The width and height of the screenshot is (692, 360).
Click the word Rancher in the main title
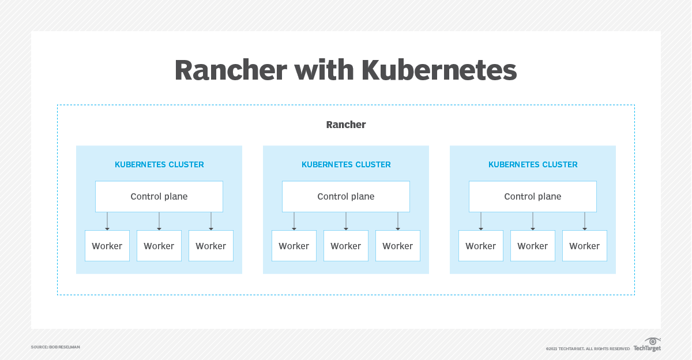pyautogui.click(x=231, y=70)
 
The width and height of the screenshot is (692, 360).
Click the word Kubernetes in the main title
pyautogui.click(x=439, y=70)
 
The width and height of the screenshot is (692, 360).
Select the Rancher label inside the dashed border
pyautogui.click(x=346, y=125)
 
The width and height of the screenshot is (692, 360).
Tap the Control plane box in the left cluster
pyautogui.click(x=159, y=197)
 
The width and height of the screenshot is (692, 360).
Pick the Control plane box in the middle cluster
pyautogui.click(x=346, y=197)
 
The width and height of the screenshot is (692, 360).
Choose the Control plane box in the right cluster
pyautogui.click(x=533, y=197)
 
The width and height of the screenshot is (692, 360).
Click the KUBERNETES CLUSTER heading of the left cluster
pyautogui.click(x=159, y=164)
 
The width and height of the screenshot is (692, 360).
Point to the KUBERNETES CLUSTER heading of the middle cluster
pyautogui.click(x=346, y=164)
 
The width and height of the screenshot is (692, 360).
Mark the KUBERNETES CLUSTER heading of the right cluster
pyautogui.click(x=533, y=164)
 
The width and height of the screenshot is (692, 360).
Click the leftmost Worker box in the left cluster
pyautogui.click(x=107, y=246)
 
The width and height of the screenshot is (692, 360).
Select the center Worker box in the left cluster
pyautogui.click(x=159, y=246)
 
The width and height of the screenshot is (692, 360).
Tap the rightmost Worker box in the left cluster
pyautogui.click(x=211, y=246)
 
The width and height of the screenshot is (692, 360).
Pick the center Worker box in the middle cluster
pyautogui.click(x=346, y=246)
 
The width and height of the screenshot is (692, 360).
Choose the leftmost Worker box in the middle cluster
pyautogui.click(x=294, y=246)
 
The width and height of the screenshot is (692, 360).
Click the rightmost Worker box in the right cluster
pyautogui.click(x=585, y=246)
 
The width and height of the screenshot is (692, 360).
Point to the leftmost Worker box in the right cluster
pyautogui.click(x=481, y=246)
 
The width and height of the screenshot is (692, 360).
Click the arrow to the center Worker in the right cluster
pyautogui.click(x=533, y=221)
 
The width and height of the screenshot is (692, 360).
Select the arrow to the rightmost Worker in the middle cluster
pyautogui.click(x=398, y=221)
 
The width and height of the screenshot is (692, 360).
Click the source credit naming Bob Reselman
pyautogui.click(x=55, y=347)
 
